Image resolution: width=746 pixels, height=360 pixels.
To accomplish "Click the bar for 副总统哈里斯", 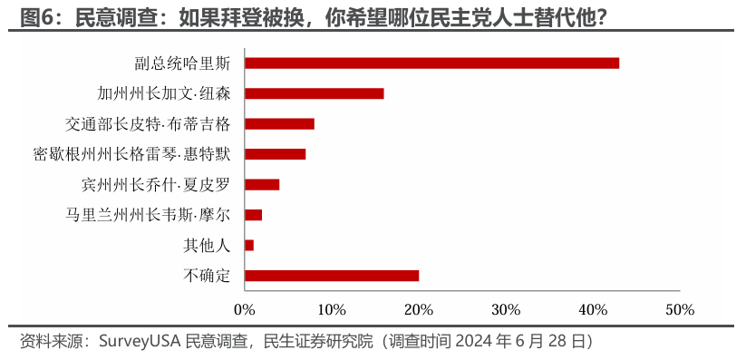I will pos(431,63).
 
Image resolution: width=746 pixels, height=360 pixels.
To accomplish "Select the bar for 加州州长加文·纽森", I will pos(315,93).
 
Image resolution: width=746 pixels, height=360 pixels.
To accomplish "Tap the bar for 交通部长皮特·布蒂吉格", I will pos(279,124).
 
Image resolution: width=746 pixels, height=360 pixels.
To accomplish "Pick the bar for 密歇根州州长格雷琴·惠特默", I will pos(275,154).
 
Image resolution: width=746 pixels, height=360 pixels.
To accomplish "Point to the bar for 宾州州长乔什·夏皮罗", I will pos(262,185).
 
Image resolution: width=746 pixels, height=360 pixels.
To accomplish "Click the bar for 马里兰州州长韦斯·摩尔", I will pos(253,215).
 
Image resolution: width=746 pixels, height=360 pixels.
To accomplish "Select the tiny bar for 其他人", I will pos(249,246).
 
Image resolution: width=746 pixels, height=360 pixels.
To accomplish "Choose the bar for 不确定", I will pos(332,276).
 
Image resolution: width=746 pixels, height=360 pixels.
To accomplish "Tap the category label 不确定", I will pos(208,276).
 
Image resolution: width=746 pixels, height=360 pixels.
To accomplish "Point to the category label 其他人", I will pos(208,246).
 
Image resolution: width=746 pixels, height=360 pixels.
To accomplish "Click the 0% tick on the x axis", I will pos(245,310).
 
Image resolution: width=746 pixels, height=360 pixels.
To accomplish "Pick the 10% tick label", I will pos(332,310).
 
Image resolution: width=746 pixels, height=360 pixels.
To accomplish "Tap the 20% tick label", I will pos(419,310).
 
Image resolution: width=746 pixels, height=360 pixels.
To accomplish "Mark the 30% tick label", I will pos(506,310).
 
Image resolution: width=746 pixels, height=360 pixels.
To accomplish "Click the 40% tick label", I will pos(593,310).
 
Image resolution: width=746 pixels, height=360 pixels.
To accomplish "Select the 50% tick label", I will pos(680,310).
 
